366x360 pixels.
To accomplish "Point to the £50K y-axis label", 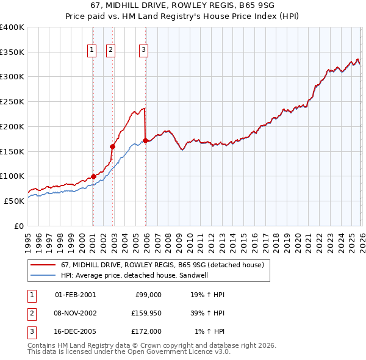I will pyautogui.click(x=14, y=201).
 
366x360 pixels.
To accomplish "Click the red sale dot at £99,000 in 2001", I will pyautogui.click(x=93, y=176).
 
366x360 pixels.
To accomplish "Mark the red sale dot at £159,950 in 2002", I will pyautogui.click(x=112, y=146).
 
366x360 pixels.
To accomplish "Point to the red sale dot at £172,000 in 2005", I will pyautogui.click(x=145, y=140).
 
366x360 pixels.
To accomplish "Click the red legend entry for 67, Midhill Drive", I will pyautogui.click(x=162, y=265).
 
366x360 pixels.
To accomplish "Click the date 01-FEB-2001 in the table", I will pyautogui.click(x=75, y=294).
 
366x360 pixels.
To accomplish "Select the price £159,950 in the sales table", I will pyautogui.click(x=147, y=313).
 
